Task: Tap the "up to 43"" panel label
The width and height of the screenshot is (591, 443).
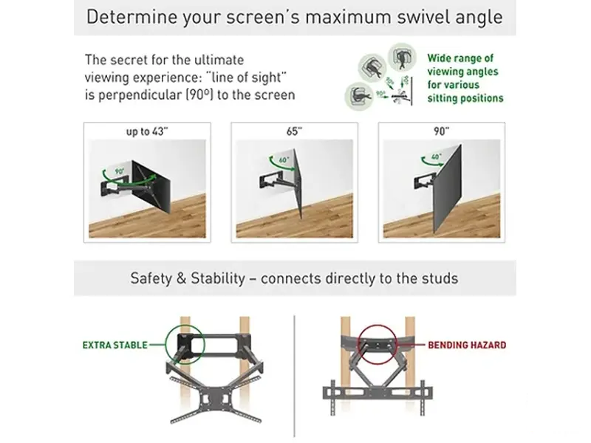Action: coord(147,131)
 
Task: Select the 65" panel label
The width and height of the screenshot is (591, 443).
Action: coord(294,131)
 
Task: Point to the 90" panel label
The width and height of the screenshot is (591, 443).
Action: coord(441,131)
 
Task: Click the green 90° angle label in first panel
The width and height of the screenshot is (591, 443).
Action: coord(120,171)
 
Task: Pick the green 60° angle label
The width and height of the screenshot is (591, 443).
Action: coord(284,159)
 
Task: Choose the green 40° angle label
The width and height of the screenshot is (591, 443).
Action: coord(437,157)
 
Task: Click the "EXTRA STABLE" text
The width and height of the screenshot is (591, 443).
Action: coord(115,345)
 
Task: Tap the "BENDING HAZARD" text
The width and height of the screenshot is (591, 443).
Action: coord(467,345)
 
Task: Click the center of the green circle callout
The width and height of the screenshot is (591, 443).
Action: coord(185,344)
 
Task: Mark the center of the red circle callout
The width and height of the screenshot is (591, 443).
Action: coord(378,345)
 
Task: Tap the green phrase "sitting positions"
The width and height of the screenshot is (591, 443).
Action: coord(465,98)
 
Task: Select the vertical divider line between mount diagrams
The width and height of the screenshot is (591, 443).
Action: coord(294,376)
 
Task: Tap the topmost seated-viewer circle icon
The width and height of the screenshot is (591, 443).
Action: coord(402,58)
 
